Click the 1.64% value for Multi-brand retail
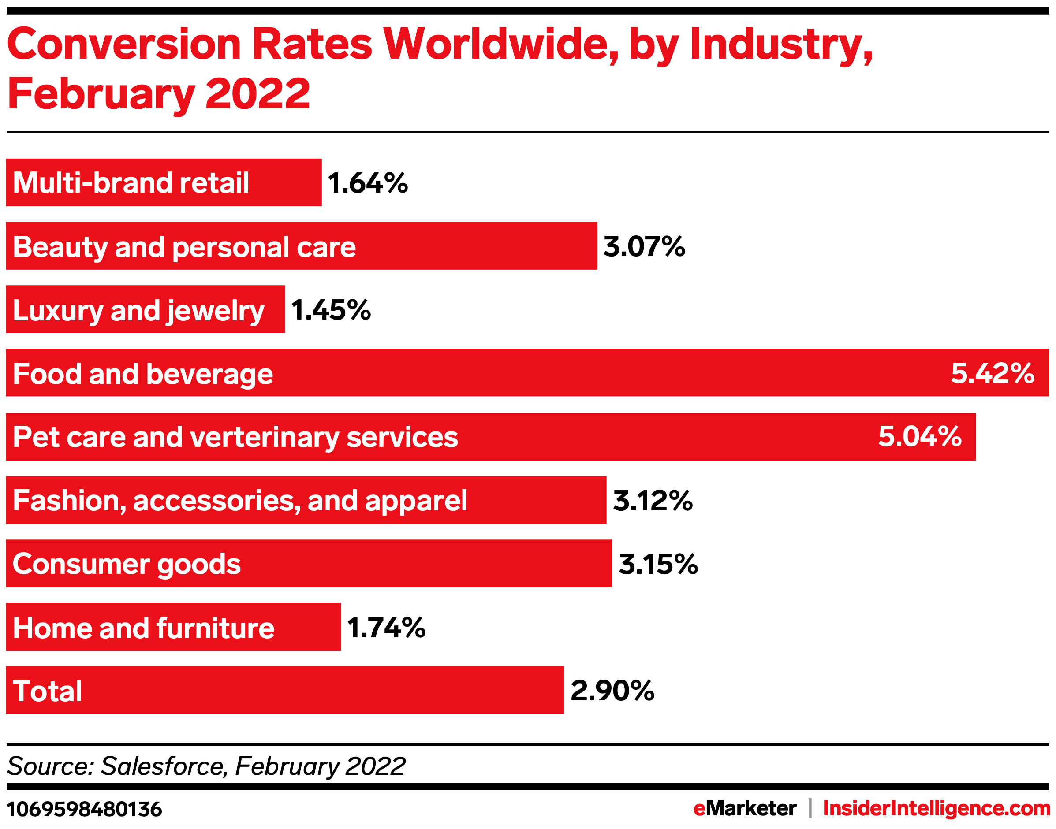point(368,183)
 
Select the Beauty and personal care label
point(184,247)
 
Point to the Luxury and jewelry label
point(138,311)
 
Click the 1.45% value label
point(331,310)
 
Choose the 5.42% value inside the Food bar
point(993,373)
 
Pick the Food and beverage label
point(143,374)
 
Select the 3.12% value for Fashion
point(653,501)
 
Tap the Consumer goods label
point(127,565)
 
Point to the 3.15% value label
point(658,565)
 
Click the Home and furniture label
point(143,628)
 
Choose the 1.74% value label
point(386,628)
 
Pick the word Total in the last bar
point(48,691)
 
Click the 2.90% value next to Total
point(612,691)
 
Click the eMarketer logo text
point(744,809)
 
